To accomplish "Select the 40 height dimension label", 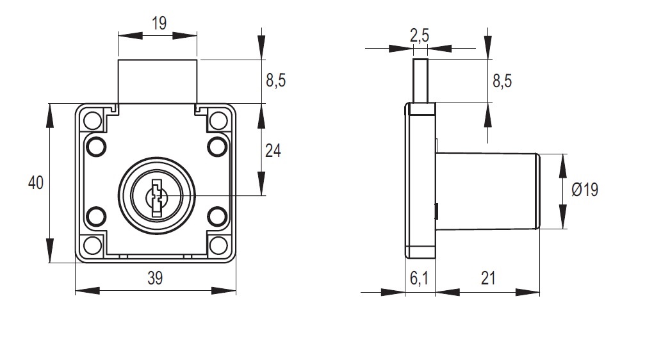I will (36, 183).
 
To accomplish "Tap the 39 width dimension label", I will (155, 278).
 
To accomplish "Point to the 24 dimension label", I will (273, 151).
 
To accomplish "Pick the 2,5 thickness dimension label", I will (419, 36).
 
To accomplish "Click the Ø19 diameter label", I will (584, 190).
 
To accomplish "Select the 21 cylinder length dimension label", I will (488, 278).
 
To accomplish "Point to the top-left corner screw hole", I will (93, 120).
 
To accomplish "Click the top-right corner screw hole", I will (218, 120).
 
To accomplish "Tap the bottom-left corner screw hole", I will (93, 244).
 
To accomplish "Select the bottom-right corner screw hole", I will (218, 244).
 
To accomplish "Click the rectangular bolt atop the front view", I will (157, 81).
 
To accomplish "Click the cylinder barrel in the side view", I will (487, 190).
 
